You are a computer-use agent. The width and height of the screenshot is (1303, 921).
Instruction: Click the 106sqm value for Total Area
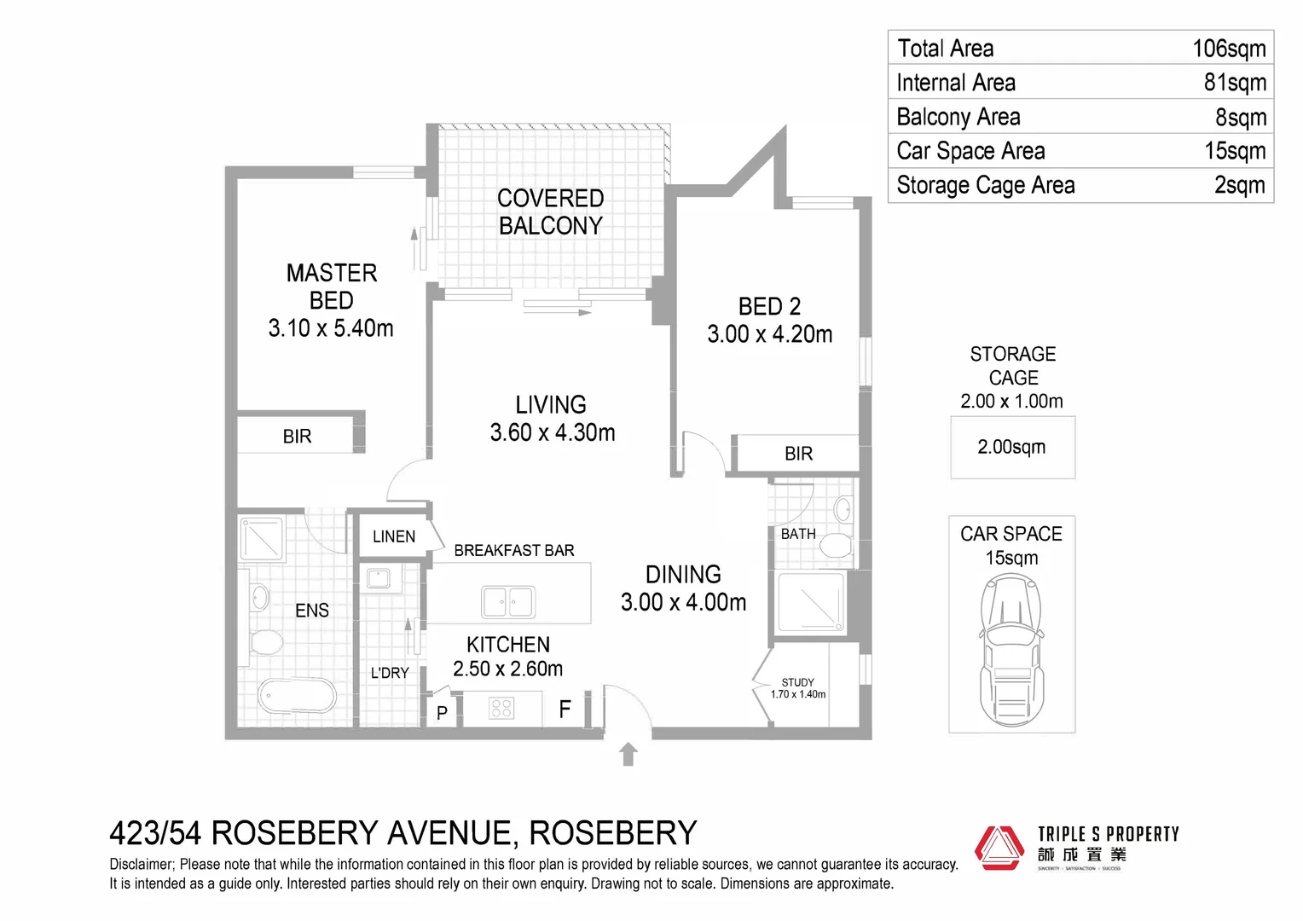(1228, 49)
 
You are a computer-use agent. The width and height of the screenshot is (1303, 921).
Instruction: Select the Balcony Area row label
(958, 117)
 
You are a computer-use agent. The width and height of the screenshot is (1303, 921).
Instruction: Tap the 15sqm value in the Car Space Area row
(1234, 151)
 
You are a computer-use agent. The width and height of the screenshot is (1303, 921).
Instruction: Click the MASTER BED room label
(331, 287)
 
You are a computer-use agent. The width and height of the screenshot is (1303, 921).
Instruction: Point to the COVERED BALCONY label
(550, 211)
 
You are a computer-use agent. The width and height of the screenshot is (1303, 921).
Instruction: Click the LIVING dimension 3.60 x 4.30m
(552, 433)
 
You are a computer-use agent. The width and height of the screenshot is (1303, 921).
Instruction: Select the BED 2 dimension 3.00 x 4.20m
(769, 334)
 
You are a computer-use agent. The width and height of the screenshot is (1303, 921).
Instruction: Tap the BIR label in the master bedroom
(297, 437)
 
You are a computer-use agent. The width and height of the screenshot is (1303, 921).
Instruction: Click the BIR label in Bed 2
(798, 454)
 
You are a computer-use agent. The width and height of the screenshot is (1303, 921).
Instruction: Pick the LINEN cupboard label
(393, 536)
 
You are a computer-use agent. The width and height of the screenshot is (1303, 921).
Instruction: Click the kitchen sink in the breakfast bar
(508, 602)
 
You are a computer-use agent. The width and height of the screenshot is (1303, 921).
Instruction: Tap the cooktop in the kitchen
(501, 708)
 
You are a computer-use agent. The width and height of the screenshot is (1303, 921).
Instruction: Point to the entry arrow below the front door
(628, 754)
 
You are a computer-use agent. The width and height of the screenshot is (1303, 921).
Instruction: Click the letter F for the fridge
(565, 709)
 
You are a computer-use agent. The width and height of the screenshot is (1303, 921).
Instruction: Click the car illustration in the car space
(1011, 650)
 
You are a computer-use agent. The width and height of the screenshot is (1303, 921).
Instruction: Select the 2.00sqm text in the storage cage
(1011, 447)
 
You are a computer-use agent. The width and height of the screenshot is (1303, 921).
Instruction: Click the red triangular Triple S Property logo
(999, 848)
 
